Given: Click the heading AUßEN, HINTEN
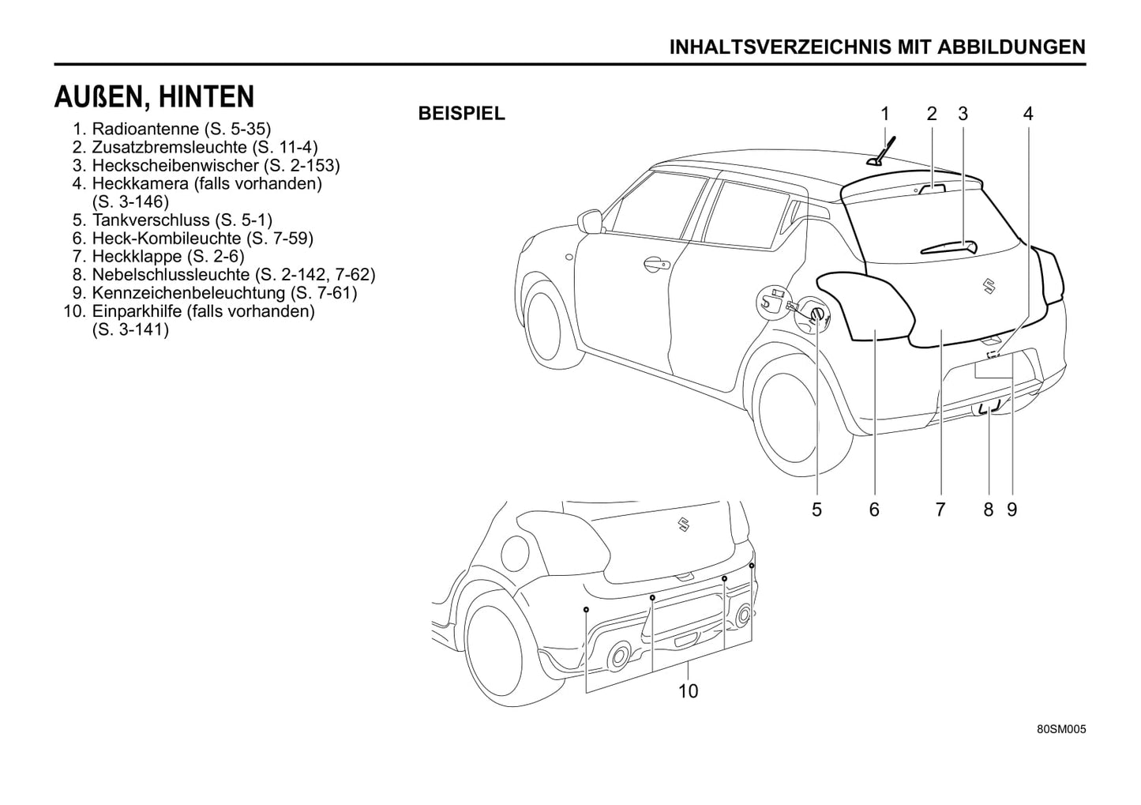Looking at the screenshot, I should (154, 97).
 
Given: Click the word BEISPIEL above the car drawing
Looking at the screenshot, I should (461, 114).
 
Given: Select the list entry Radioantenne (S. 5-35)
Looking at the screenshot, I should (181, 129).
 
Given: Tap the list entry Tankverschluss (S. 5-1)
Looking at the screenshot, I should (182, 220).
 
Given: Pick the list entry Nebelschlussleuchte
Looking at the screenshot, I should (233, 275).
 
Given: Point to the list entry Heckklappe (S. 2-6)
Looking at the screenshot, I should (167, 257).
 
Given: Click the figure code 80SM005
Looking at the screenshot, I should (1061, 730).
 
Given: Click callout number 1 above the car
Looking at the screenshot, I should (885, 115).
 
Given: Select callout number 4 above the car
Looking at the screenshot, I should (1027, 115).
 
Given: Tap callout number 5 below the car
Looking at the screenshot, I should (816, 510).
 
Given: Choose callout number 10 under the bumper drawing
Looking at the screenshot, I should (688, 692).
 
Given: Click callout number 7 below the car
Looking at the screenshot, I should (940, 510).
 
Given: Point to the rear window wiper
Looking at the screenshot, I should (948, 246).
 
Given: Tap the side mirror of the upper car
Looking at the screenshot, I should (589, 220).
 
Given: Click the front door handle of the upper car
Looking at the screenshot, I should (655, 265).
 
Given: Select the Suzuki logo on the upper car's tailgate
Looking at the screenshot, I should (986, 285).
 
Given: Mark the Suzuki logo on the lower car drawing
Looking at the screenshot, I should (683, 524).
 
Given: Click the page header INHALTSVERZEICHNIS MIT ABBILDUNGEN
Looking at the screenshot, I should (876, 47).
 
